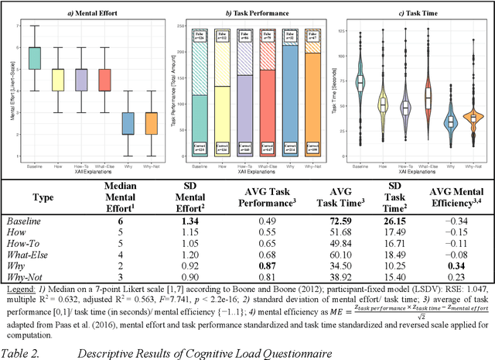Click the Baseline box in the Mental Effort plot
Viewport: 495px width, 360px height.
point(34,58)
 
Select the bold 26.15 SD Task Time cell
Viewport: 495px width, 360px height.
point(394,220)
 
